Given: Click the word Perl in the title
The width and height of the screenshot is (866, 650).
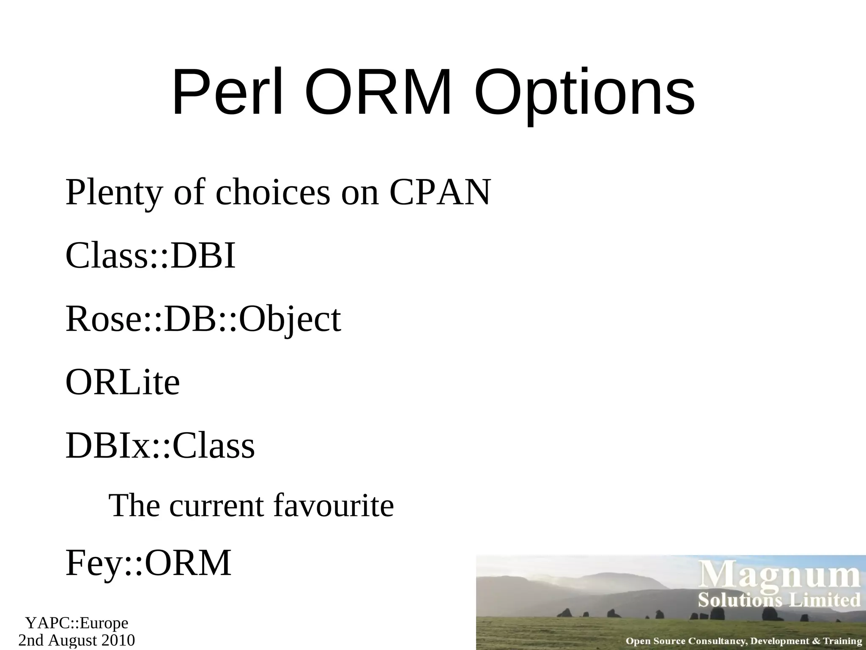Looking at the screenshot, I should pyautogui.click(x=227, y=93).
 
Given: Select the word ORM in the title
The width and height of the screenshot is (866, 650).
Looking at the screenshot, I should pyautogui.click(x=378, y=93).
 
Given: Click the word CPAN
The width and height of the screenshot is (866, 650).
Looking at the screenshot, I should pyautogui.click(x=440, y=193).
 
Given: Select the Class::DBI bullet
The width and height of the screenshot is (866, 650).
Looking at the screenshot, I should pyautogui.click(x=151, y=256).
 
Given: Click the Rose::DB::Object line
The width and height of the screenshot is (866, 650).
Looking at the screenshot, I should pyautogui.click(x=203, y=319).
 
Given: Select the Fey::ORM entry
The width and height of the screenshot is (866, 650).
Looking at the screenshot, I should pyautogui.click(x=148, y=563).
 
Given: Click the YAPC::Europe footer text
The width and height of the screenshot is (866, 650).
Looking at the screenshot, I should pyautogui.click(x=77, y=623).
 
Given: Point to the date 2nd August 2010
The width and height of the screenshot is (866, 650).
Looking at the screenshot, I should pyautogui.click(x=77, y=640).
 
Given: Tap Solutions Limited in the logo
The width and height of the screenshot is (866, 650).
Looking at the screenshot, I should pyautogui.click(x=779, y=600).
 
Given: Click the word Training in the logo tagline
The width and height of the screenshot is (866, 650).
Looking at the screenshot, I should pyautogui.click(x=841, y=641).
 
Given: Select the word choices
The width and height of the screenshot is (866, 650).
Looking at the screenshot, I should pyautogui.click(x=273, y=193).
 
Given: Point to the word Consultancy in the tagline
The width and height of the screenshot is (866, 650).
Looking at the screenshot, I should pyautogui.click(x=717, y=641).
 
